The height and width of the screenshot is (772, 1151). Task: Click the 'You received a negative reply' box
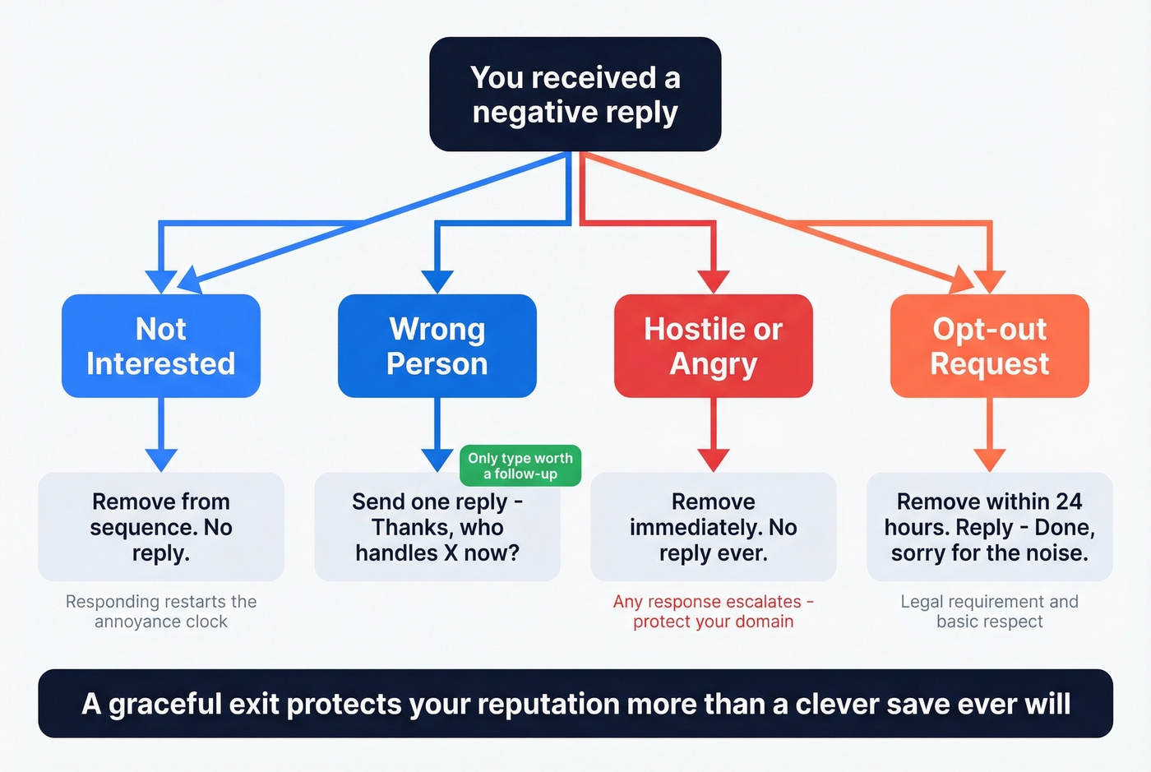tap(575, 94)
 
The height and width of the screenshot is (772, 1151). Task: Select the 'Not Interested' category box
tap(161, 346)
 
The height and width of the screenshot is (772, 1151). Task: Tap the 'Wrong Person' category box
tap(437, 346)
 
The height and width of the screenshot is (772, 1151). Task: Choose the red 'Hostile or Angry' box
tap(713, 346)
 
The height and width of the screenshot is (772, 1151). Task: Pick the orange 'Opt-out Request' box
tap(989, 346)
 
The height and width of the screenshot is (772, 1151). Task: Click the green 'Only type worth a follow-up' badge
tap(520, 465)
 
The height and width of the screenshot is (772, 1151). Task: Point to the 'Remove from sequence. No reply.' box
tap(161, 527)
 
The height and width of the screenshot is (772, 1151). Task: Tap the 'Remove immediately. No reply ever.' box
tap(713, 527)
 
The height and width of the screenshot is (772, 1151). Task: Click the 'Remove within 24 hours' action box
tap(989, 527)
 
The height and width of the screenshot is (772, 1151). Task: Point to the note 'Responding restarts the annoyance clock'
tap(161, 612)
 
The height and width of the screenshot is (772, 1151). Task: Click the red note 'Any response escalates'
tap(713, 612)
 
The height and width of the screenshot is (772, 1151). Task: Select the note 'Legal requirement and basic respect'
tap(989, 612)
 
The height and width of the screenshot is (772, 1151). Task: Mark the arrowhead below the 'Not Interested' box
tap(161, 460)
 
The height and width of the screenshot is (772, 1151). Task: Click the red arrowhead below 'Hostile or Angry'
tap(713, 460)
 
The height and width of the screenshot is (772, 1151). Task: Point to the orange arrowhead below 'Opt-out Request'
tap(989, 460)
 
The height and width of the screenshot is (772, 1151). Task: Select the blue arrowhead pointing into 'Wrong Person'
tap(437, 281)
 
